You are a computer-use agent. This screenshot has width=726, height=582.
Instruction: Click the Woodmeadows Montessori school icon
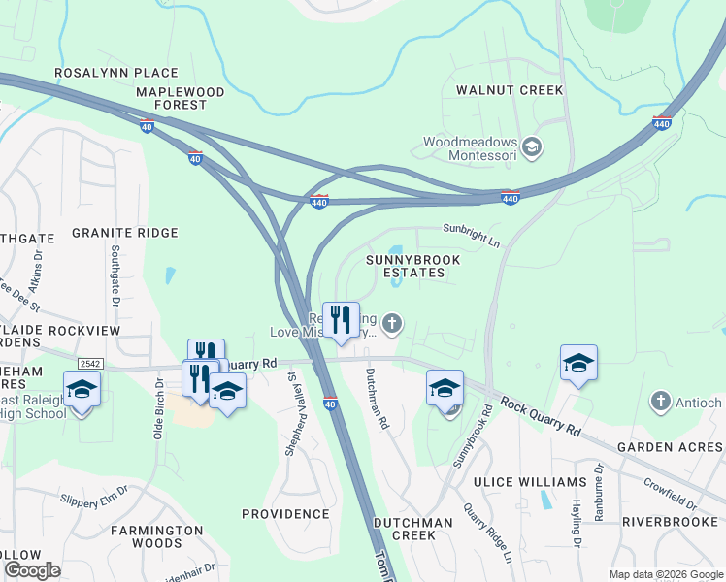(531, 147)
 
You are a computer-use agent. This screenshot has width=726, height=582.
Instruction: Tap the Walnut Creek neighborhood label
(503, 90)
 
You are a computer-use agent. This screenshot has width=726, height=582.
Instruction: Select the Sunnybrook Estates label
(412, 266)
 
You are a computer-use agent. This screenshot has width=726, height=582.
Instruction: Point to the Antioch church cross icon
(660, 401)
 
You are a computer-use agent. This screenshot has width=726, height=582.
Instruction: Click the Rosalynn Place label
(116, 73)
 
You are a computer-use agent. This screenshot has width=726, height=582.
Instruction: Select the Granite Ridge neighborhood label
(124, 233)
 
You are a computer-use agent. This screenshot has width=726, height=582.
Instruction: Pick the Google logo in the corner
(32, 570)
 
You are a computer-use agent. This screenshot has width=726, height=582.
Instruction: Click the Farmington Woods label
(156, 537)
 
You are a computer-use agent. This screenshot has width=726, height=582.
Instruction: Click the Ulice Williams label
(515, 482)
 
